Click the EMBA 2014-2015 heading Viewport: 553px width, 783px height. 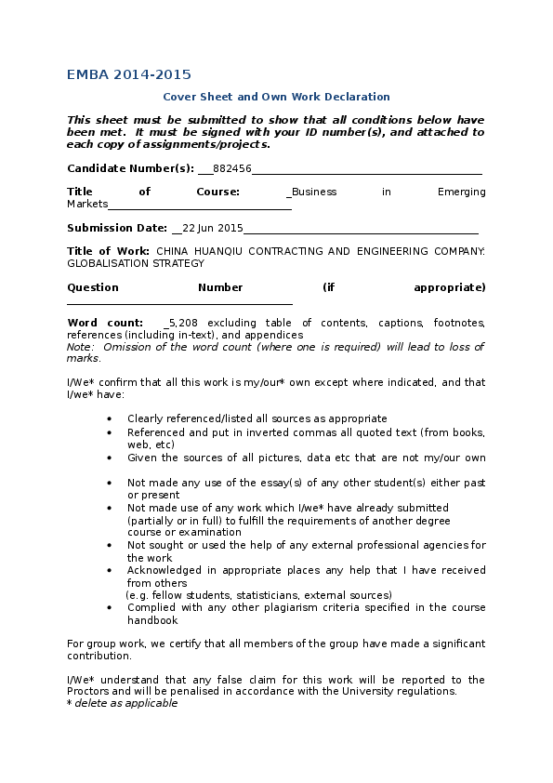coord(129,74)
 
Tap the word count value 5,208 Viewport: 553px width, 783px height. coord(183,323)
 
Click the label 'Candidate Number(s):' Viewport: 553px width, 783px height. coord(130,168)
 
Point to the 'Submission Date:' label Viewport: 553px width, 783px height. coord(116,228)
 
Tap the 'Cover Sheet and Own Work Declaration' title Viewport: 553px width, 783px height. coord(276,97)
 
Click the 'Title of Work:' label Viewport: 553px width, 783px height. coord(108,251)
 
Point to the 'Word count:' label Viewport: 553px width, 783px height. coord(105,323)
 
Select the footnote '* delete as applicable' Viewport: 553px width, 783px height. coord(122,704)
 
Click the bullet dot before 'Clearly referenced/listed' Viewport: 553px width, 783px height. coord(110,419)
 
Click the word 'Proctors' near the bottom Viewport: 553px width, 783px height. coord(89,692)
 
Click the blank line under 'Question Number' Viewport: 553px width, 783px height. coord(179,301)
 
